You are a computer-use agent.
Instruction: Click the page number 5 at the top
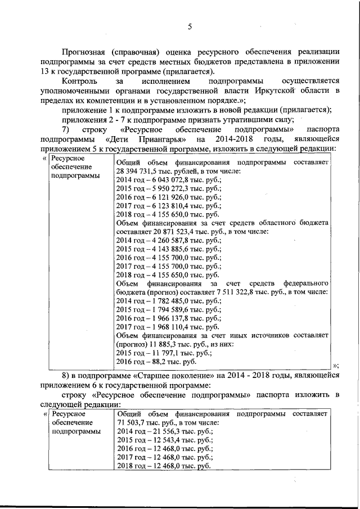coord(190,26)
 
